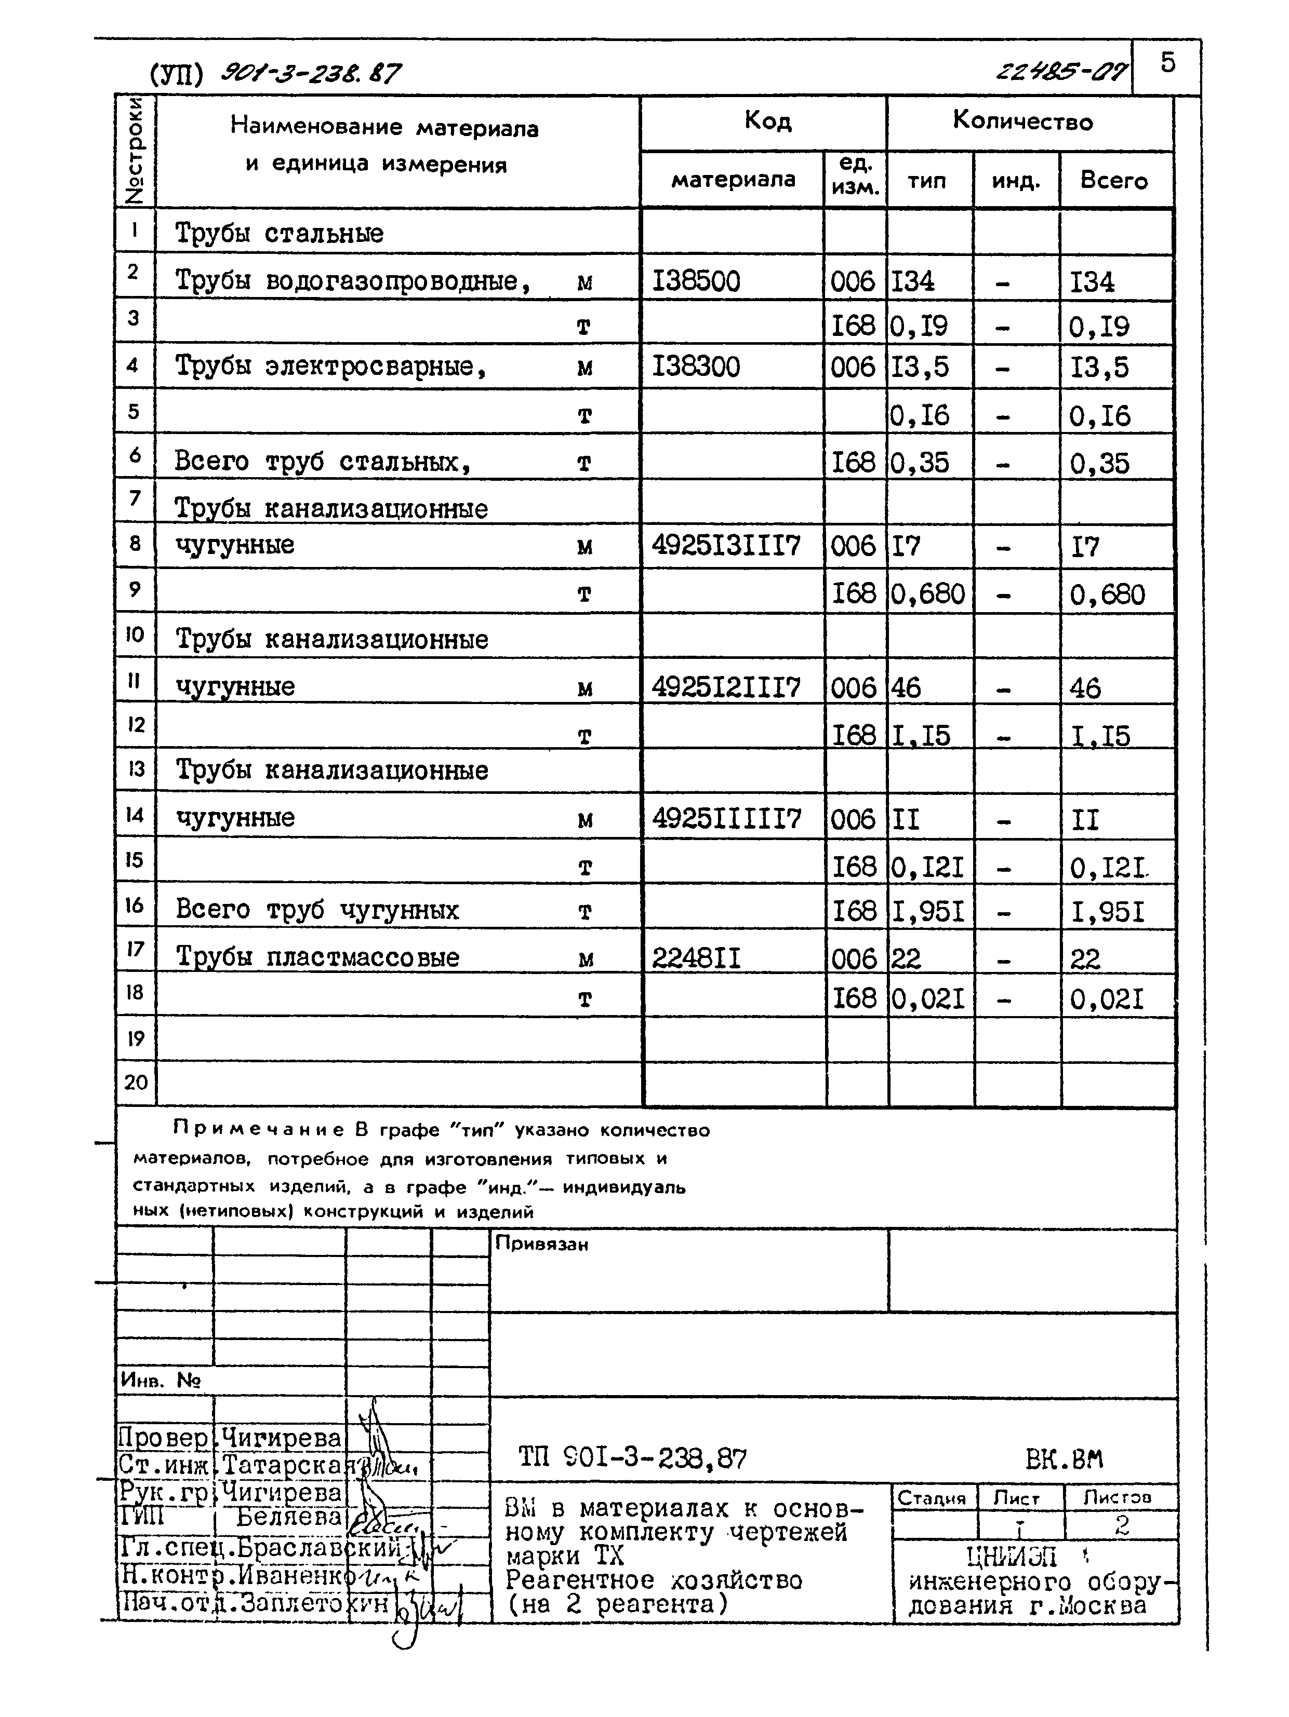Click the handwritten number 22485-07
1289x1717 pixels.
tap(1062, 73)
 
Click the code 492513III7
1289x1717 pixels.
tap(725, 546)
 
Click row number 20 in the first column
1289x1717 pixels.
tap(135, 1082)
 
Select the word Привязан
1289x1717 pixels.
tap(541, 1245)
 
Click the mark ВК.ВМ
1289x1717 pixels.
tap(1064, 1459)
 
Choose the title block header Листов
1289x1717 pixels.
tap(1118, 1498)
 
